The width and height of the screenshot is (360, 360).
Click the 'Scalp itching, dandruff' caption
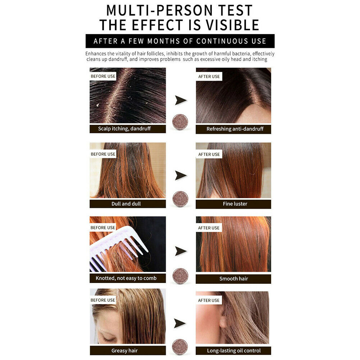(x=124, y=129)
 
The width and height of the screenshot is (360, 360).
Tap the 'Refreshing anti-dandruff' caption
(x=235, y=129)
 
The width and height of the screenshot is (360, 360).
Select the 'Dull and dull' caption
(x=126, y=204)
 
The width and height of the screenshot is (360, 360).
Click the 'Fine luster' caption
(x=235, y=204)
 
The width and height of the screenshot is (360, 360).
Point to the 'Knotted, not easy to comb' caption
(x=126, y=278)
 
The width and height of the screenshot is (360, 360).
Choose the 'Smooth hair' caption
(x=233, y=279)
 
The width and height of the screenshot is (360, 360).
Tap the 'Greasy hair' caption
(x=124, y=351)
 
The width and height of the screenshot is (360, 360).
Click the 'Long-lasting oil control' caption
(x=234, y=351)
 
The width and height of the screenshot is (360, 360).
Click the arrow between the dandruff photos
(x=181, y=100)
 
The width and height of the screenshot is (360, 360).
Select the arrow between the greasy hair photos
(x=179, y=323)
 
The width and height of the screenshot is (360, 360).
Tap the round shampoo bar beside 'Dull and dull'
(x=180, y=199)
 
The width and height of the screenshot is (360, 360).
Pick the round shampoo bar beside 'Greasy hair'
(x=180, y=347)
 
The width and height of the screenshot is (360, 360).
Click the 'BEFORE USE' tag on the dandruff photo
(x=103, y=76)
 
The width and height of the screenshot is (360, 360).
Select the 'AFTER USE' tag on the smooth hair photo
(x=209, y=228)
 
